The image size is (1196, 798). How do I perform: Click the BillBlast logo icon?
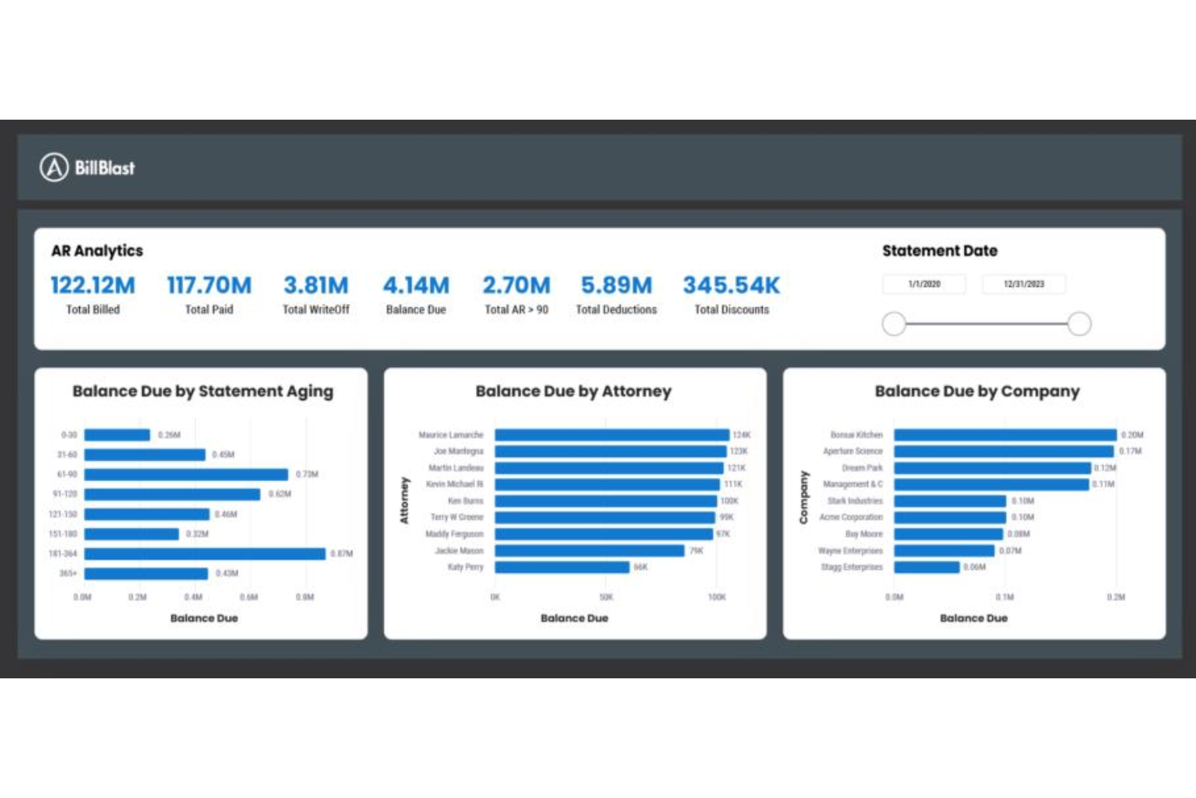(x=54, y=167)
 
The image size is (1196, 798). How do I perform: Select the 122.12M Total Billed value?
(x=93, y=285)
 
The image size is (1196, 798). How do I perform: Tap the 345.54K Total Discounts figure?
(x=731, y=285)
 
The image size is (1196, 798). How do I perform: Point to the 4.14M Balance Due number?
(x=416, y=285)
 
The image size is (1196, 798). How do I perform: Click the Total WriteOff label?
(x=316, y=310)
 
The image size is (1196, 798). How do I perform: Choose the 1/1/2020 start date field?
(x=924, y=284)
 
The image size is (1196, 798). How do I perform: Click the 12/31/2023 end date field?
(x=1024, y=284)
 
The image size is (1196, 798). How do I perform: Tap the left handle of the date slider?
(x=894, y=323)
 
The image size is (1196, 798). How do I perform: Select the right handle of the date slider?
(x=1080, y=323)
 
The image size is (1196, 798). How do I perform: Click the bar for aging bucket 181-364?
(x=204, y=554)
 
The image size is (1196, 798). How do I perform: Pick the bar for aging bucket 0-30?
(x=117, y=435)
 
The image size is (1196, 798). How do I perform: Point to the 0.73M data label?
(x=307, y=475)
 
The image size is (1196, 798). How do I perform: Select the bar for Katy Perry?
(x=562, y=568)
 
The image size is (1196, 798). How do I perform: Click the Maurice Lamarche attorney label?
(x=450, y=435)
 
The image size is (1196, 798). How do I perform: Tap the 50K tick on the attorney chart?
(x=606, y=597)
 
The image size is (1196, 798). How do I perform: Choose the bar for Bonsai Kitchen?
(x=1004, y=435)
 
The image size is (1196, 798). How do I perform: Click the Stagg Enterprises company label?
(x=852, y=568)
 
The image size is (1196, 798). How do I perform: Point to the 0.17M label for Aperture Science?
(x=1131, y=451)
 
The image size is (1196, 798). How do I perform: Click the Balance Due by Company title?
(x=977, y=391)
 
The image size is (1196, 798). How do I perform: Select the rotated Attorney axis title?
(x=405, y=500)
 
